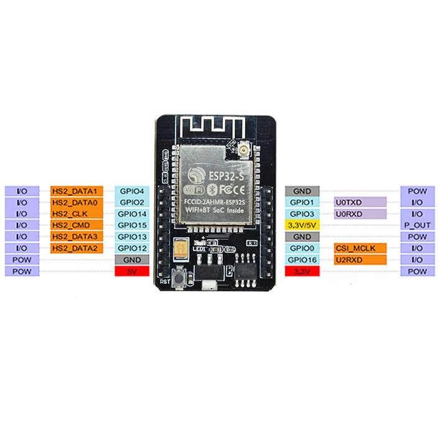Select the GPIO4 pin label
pyautogui.click(x=132, y=191)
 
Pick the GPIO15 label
pyautogui.click(x=132, y=225)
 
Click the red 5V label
pyautogui.click(x=132, y=271)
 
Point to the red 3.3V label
pyautogui.click(x=302, y=271)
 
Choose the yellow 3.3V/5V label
pyautogui.click(x=302, y=225)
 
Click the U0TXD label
pyautogui.click(x=360, y=202)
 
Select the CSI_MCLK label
pyautogui.click(x=360, y=248)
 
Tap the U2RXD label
pyautogui.click(x=360, y=259)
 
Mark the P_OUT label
pyautogui.click(x=418, y=225)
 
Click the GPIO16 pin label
pyautogui.click(x=302, y=259)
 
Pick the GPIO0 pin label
pyautogui.click(x=302, y=248)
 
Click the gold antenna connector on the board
pyautogui.click(x=241, y=151)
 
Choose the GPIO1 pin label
pyautogui.click(x=302, y=202)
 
